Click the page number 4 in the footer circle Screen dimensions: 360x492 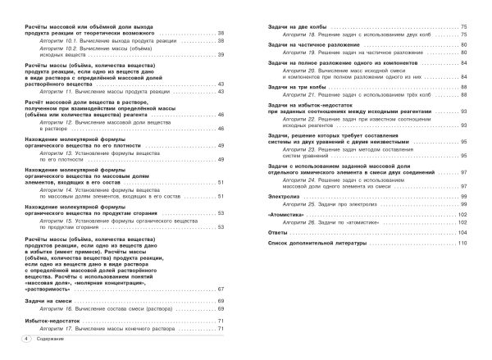27,337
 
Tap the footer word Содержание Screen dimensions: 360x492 51,337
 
